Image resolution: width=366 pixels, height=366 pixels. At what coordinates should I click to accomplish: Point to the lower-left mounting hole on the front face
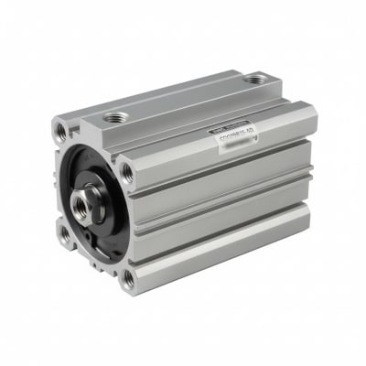point(64,234)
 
